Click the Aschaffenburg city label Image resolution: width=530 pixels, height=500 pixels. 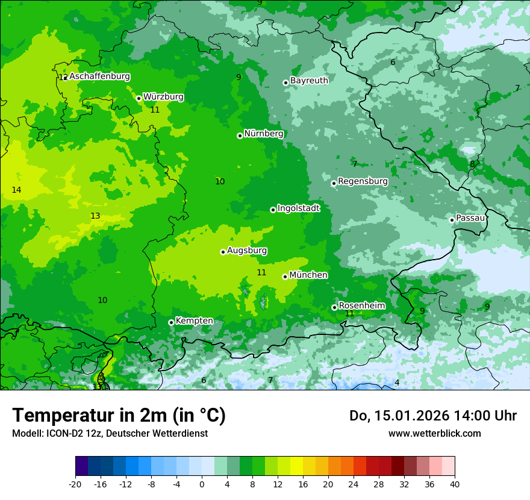tap(99, 77)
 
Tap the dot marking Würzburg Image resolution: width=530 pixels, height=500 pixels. tap(139, 98)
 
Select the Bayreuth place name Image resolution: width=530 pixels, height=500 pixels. tap(309, 81)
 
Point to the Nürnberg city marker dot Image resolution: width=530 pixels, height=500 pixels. tap(240, 136)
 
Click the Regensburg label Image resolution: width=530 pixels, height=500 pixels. tap(363, 181)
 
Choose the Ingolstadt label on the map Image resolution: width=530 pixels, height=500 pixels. tap(298, 208)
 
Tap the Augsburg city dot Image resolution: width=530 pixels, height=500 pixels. tap(223, 252)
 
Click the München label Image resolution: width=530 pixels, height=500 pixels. tap(308, 275)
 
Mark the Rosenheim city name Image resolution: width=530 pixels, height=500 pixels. tap(361, 306)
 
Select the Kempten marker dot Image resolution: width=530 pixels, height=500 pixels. tap(171, 322)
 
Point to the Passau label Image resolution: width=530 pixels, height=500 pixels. tap(470, 218)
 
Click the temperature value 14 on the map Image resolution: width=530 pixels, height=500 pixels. tap(16, 190)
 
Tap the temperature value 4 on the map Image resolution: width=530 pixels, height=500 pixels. tap(397, 383)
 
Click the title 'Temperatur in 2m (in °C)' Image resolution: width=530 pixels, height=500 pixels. tap(119, 416)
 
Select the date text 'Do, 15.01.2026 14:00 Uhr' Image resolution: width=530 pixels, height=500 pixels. tap(432, 416)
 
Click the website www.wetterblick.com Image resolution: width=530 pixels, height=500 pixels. tap(434, 433)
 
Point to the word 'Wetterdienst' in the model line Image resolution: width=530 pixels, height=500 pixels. tap(182, 433)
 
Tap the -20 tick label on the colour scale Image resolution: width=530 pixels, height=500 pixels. tap(75, 484)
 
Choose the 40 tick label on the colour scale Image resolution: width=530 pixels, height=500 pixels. tap(454, 484)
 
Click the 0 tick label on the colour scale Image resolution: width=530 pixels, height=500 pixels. tap(202, 484)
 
